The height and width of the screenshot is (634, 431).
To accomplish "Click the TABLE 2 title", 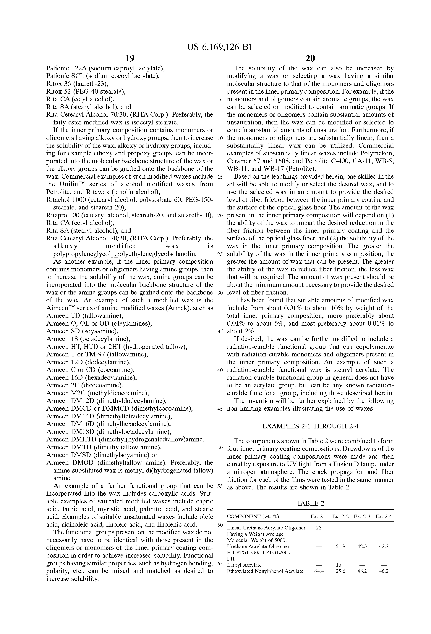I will click(310, 504).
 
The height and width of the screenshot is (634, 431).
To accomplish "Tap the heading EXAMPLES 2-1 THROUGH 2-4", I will click(310, 426).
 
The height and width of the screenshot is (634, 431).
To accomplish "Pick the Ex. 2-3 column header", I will click(362, 516).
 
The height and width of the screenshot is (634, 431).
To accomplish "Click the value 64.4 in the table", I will click(319, 571).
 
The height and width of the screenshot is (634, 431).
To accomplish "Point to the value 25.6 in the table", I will click(340, 571).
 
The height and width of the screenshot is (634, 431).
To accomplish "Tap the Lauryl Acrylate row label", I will click(244, 565).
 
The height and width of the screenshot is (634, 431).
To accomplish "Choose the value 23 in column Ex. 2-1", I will click(319, 528).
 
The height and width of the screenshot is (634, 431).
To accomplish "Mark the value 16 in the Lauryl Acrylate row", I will click(339, 565).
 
